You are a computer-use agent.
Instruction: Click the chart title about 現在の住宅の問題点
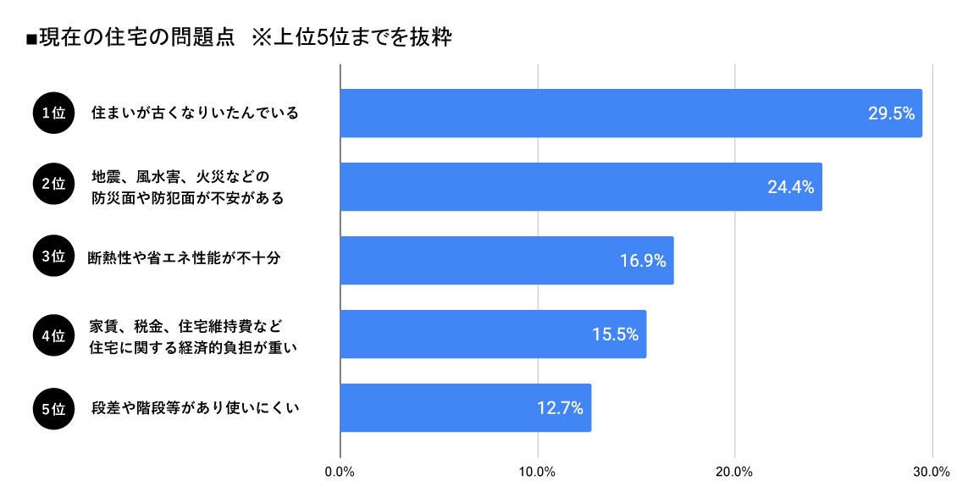238,39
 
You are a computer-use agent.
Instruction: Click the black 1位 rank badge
53,113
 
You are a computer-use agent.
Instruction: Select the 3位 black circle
53,259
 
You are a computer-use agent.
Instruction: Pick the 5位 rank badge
53,407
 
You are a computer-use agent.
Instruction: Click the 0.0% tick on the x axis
340,473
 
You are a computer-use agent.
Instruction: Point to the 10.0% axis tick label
537,473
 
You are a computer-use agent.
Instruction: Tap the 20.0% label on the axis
734,473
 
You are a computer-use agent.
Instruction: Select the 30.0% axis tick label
932,473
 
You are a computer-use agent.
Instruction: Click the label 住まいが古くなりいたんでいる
196,113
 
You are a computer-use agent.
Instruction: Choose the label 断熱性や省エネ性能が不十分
184,259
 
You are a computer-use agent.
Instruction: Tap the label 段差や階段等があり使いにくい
196,407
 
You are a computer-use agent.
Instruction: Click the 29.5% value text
891,113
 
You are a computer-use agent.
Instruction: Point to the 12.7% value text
560,407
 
